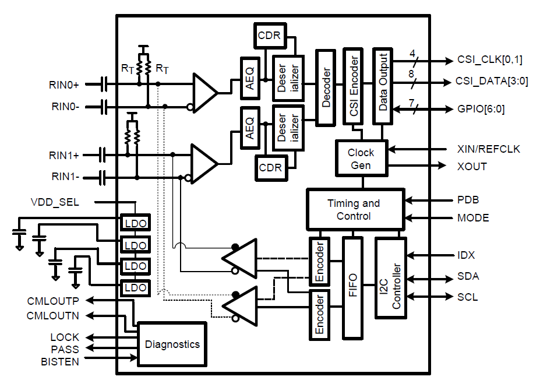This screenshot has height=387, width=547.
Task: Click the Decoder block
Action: pyautogui.click(x=326, y=87)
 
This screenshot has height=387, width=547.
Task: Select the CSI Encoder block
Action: pyautogui.click(x=353, y=87)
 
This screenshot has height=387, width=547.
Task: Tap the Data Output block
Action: pyautogui.click(x=383, y=87)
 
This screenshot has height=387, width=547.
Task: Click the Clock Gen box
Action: pyautogui.click(x=361, y=159)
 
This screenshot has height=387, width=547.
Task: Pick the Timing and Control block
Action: pyautogui.click(x=355, y=209)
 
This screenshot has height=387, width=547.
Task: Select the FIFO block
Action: pyautogui.click(x=352, y=288)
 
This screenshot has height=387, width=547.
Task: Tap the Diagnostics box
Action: pyautogui.click(x=172, y=344)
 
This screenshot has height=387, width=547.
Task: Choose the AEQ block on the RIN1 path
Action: pyautogui.click(x=250, y=127)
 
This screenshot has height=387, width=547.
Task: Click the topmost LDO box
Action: pyautogui.click(x=135, y=223)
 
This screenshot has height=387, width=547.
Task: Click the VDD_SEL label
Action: pyautogui.click(x=55, y=202)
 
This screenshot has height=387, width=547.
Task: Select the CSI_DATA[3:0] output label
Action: pyautogui.click(x=492, y=81)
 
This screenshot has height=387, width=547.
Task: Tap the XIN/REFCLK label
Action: pyautogui.click(x=488, y=149)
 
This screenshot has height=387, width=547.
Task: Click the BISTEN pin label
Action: pyautogui.click(x=60, y=361)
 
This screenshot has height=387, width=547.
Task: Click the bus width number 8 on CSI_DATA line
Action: pyautogui.click(x=412, y=74)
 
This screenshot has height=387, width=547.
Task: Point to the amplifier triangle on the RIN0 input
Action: pyautogui.click(x=204, y=93)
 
